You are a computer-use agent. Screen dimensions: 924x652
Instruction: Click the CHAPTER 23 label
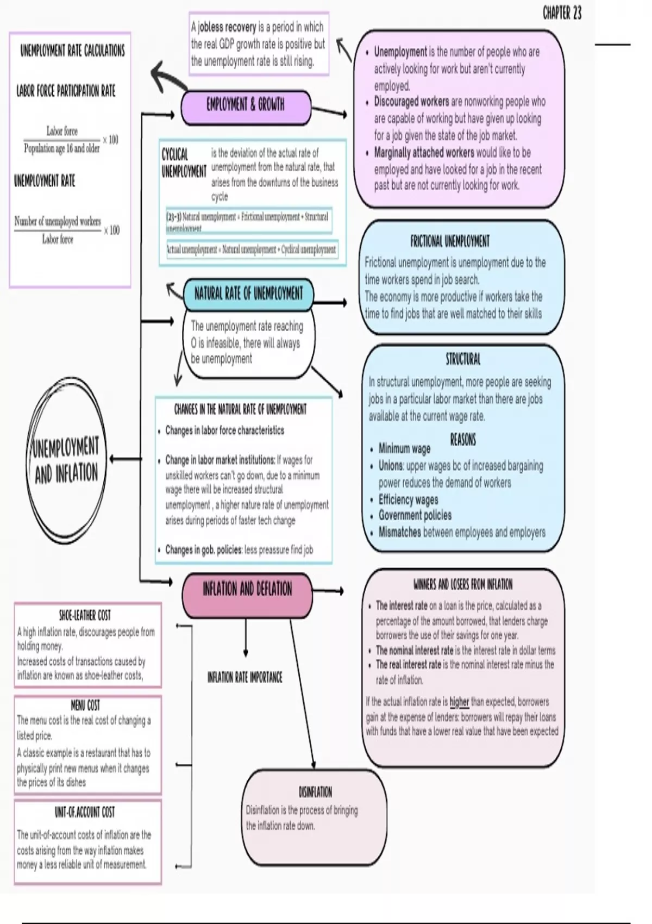(x=562, y=13)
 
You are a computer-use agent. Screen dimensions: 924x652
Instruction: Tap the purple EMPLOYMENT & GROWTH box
(x=246, y=105)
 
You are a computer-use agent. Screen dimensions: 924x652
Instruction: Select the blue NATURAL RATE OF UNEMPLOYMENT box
(x=248, y=294)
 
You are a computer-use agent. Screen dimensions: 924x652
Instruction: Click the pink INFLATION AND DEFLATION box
(x=247, y=589)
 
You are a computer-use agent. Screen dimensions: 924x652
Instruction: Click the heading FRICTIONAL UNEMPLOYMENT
(x=450, y=241)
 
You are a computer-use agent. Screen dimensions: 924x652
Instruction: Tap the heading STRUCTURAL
(x=463, y=359)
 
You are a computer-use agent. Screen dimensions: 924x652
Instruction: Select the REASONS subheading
(x=463, y=439)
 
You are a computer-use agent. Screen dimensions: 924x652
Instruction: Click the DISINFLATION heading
(x=315, y=791)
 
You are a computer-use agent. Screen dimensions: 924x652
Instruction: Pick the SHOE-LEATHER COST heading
(x=85, y=615)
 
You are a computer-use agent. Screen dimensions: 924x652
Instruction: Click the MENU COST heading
(x=85, y=705)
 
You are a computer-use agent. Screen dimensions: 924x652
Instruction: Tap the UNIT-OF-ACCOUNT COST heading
(x=85, y=812)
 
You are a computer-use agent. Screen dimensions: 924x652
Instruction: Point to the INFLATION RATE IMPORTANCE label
(x=245, y=677)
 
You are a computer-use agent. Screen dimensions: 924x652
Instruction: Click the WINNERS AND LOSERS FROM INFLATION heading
(x=463, y=584)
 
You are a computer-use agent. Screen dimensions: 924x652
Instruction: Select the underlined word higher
(x=459, y=702)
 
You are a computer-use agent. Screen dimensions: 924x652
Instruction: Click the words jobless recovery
(x=227, y=27)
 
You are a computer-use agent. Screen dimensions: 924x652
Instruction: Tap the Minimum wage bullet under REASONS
(x=404, y=449)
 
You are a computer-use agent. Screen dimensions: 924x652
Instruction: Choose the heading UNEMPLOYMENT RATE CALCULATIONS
(x=72, y=51)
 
